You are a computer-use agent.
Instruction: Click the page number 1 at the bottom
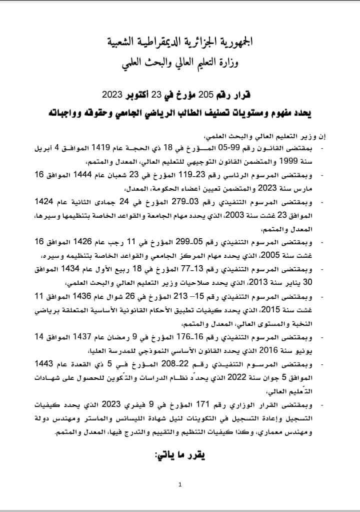179,484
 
